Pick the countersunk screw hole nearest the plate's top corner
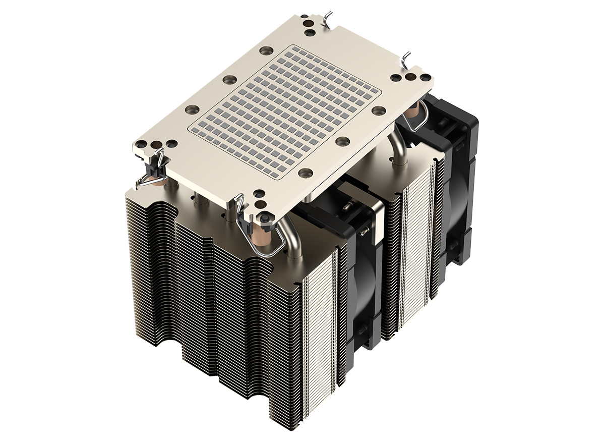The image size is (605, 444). click(266, 50)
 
